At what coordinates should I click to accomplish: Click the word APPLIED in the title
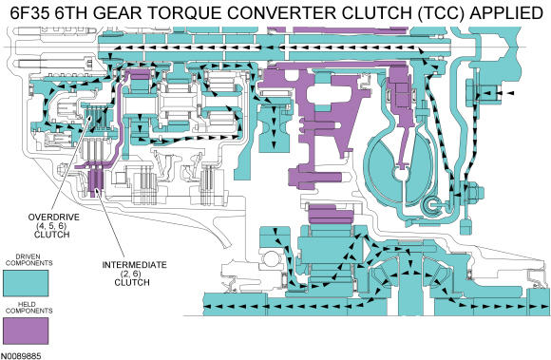pos(506,13)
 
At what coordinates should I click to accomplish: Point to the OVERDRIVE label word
pos(54,218)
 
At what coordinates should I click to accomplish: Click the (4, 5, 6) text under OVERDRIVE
pos(51,226)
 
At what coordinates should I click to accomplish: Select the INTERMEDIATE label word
pos(135,265)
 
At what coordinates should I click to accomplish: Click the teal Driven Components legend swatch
pos(26,283)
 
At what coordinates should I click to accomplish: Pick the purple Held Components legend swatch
pos(26,331)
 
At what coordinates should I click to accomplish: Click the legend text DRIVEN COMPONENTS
pos(29,260)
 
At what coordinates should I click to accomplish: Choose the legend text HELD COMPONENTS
pos(29,308)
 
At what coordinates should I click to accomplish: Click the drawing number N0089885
pos(21,356)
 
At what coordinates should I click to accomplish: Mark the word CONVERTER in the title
pos(283,13)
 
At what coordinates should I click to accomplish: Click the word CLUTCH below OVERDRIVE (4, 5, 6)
pos(51,235)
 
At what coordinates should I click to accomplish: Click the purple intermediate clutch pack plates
pos(95,181)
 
